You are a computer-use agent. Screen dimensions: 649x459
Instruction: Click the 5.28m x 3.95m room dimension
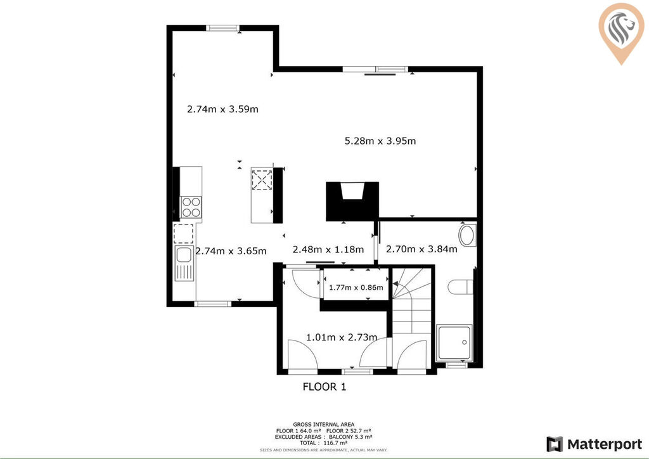[380, 141]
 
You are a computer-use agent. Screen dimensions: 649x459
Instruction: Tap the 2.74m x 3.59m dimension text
[222, 109]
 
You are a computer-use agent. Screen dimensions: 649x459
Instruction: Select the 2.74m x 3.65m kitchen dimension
[231, 251]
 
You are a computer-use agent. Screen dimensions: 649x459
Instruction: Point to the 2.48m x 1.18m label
[328, 250]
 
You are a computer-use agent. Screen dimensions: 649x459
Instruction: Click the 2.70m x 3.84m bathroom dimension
[421, 249]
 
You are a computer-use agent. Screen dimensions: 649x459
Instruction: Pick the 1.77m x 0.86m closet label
[356, 287]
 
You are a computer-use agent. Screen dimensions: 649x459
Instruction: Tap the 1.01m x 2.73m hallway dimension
[342, 337]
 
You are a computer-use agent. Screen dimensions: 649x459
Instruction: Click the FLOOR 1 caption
[324, 387]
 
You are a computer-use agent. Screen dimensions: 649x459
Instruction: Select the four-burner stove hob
[191, 207]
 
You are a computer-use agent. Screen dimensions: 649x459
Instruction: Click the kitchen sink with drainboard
[184, 263]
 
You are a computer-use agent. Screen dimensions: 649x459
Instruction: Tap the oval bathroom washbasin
[467, 235]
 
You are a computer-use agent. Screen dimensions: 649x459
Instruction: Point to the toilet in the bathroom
[460, 287]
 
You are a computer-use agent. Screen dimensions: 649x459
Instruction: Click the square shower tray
[454, 342]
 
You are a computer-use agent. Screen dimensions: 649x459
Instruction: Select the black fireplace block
[352, 201]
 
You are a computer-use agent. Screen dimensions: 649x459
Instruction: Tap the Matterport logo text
[604, 444]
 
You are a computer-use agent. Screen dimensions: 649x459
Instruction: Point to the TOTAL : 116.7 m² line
[324, 443]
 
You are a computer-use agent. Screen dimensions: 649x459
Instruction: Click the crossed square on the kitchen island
[262, 180]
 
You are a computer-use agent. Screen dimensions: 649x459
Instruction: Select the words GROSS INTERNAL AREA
[324, 424]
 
